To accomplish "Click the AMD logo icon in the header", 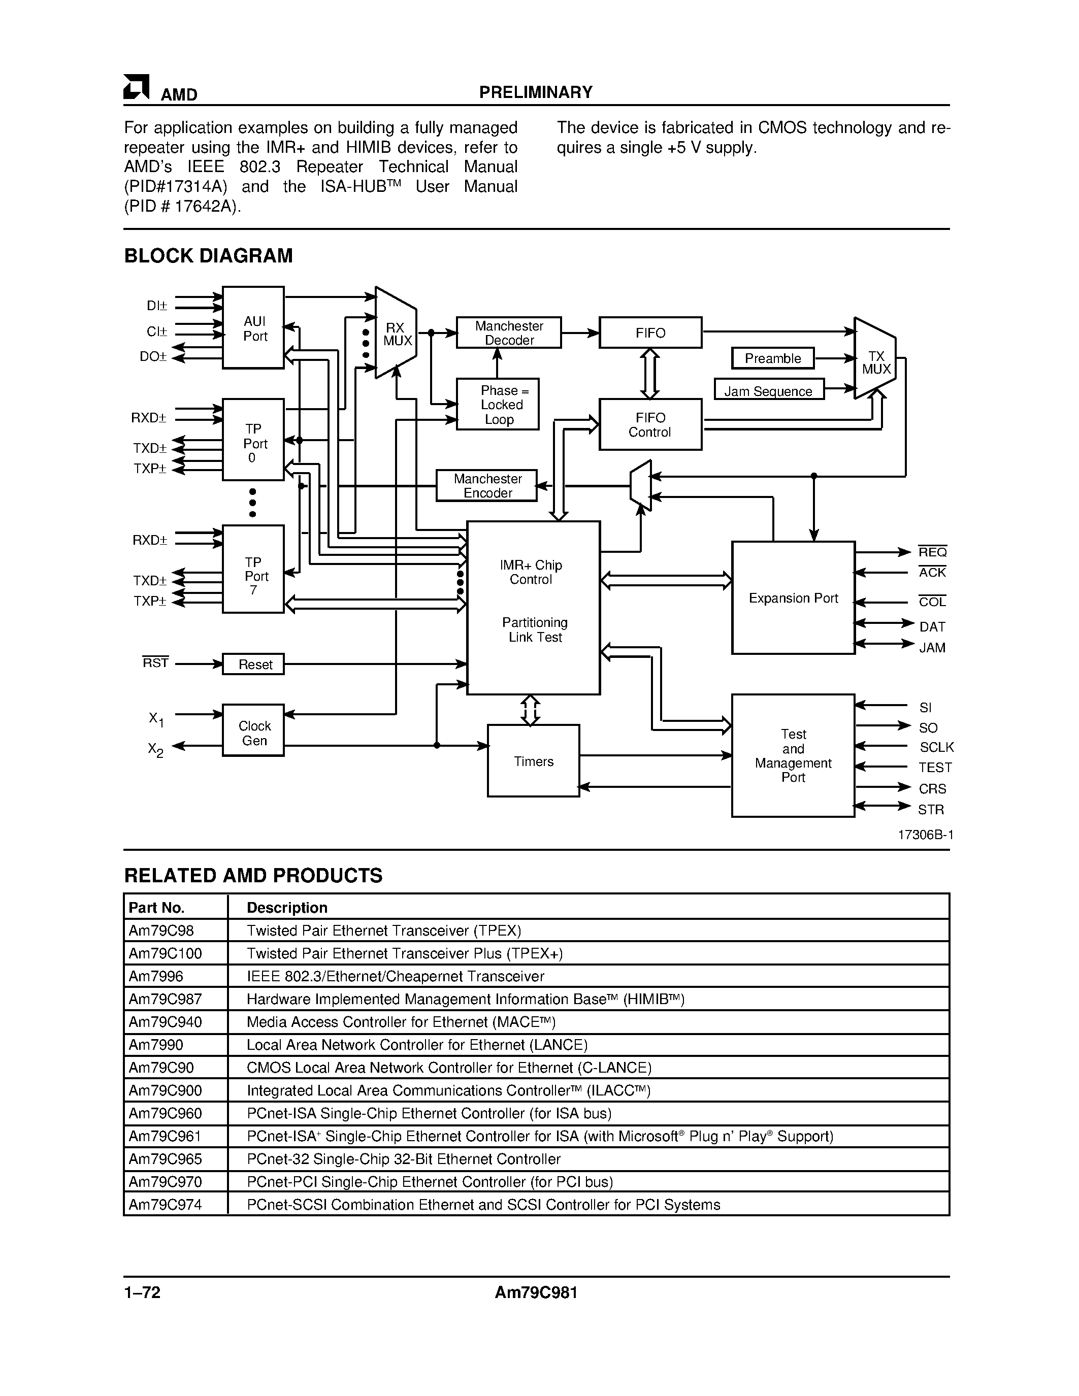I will [x=136, y=88].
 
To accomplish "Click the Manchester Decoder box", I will [x=508, y=333].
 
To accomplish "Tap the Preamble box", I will [x=773, y=358].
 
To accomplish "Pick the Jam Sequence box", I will [x=768, y=390].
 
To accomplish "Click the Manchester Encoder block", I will [x=486, y=486].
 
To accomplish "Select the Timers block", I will [x=533, y=760].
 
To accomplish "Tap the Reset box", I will [x=253, y=664].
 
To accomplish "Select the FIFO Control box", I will [x=649, y=424].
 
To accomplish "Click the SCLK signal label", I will [x=936, y=747].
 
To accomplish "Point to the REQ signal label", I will [x=932, y=552].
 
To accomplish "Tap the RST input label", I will [x=155, y=663].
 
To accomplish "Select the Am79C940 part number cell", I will [x=166, y=1022].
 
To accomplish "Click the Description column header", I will [x=287, y=908].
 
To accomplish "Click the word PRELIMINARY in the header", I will [x=536, y=93].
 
